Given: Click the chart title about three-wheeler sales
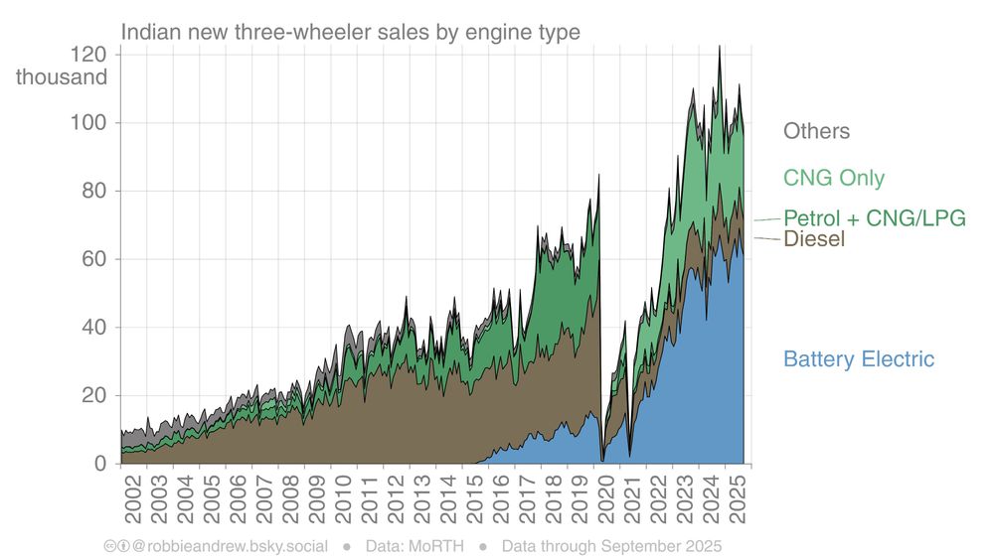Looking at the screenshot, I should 350,32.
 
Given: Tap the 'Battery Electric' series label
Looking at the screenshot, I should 859,359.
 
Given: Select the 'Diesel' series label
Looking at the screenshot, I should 814,239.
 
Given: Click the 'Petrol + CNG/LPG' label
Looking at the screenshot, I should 875,218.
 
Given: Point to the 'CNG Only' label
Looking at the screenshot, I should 833,179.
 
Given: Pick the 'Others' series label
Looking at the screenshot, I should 816,131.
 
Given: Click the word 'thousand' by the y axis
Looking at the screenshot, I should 62,76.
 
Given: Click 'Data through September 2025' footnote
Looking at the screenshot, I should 611,546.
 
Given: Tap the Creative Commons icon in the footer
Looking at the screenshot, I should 110,546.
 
